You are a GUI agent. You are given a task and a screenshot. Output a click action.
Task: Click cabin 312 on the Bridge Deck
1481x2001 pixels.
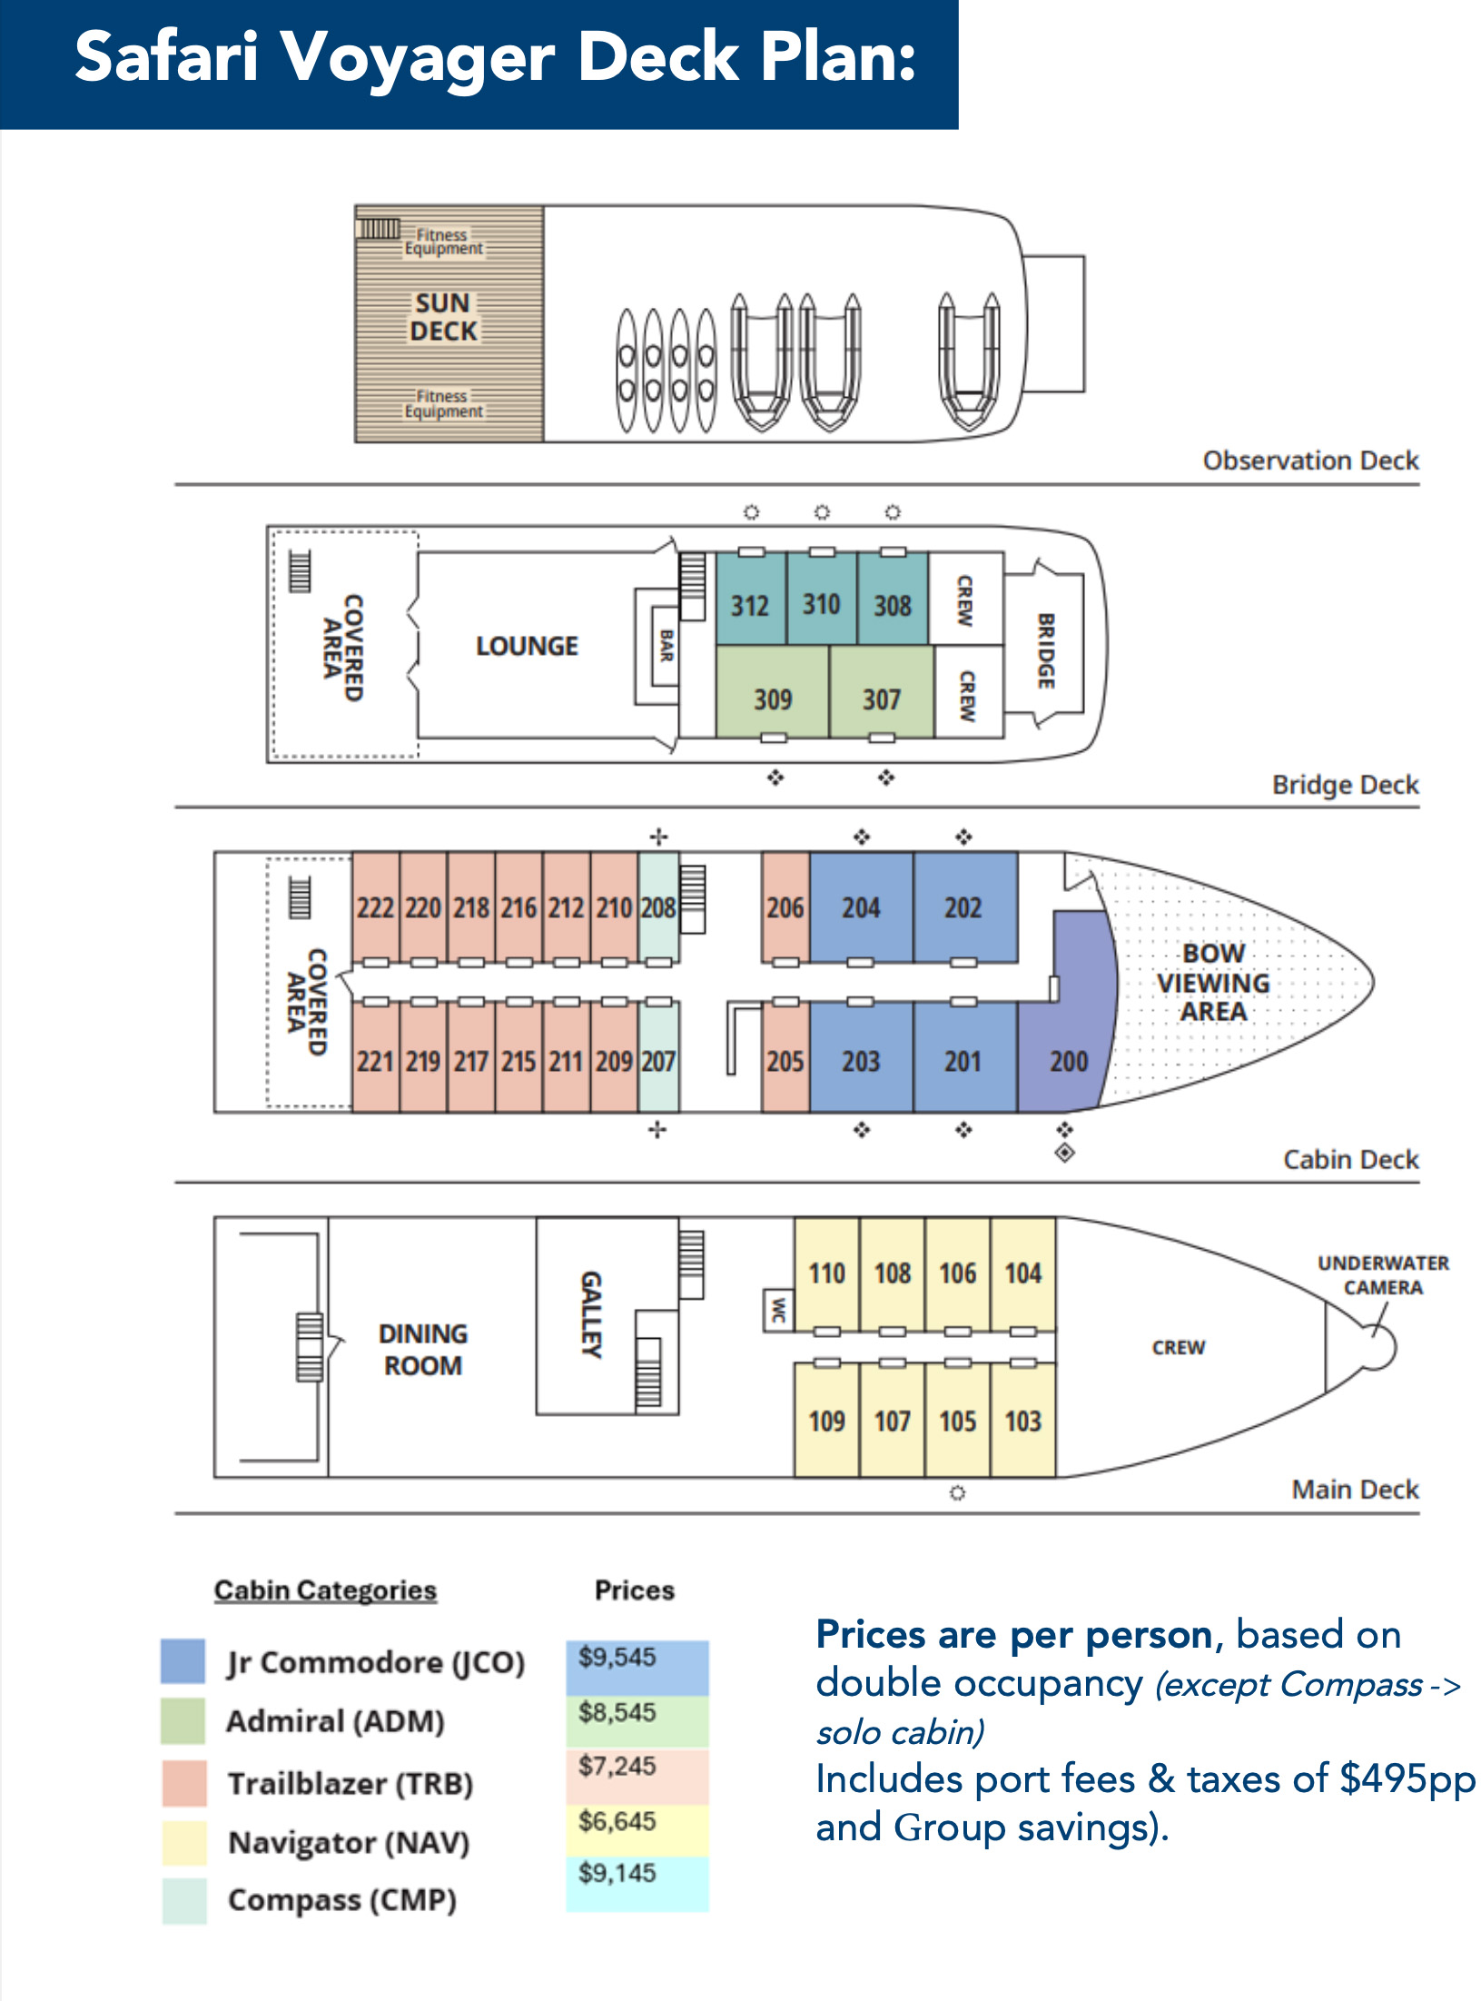click(x=750, y=604)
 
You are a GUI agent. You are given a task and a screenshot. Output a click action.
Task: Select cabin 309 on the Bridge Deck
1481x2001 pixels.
click(x=772, y=698)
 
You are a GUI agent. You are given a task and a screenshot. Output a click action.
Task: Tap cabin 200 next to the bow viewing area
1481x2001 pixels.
click(x=1068, y=1060)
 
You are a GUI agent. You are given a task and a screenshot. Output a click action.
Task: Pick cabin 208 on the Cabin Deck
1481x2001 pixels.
click(x=658, y=906)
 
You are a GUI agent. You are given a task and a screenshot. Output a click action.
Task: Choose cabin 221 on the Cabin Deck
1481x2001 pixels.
click(x=375, y=1060)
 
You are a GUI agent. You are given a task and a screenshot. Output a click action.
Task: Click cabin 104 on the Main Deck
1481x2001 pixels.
click(x=1022, y=1273)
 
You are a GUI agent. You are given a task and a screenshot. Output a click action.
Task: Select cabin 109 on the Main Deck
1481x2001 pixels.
click(x=826, y=1420)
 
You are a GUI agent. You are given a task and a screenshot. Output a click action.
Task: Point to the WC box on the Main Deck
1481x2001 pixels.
click(x=777, y=1310)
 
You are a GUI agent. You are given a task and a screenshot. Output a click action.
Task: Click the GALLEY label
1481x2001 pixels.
click(x=591, y=1313)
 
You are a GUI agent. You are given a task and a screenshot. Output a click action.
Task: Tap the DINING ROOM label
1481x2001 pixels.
click(x=423, y=1349)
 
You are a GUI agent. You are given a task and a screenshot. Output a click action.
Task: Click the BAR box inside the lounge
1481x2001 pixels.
click(x=666, y=646)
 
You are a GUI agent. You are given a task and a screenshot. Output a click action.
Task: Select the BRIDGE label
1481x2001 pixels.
click(x=1046, y=650)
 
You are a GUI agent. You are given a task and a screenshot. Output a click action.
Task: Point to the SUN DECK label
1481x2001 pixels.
click(x=442, y=317)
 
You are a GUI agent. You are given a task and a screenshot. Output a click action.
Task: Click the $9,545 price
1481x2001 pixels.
click(x=617, y=1657)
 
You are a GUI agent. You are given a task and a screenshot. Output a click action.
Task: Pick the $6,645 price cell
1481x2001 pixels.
click(x=617, y=1821)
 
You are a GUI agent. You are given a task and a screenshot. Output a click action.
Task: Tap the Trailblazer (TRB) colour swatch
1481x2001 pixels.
click(x=184, y=1782)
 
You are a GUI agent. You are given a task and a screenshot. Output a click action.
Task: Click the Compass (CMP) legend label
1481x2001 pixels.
click(x=342, y=1899)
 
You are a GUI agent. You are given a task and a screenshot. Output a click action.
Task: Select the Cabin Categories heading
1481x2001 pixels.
click(x=325, y=1590)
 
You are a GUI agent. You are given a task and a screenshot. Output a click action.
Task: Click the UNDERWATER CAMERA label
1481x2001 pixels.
click(x=1382, y=1275)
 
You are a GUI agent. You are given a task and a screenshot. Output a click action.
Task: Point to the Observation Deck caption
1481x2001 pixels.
click(x=1310, y=461)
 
